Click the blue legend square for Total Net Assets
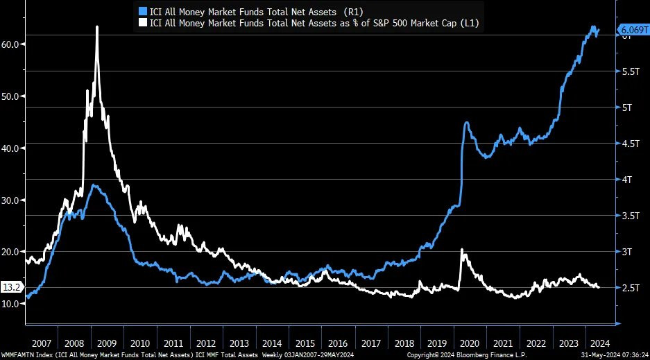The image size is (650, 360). click(x=144, y=11)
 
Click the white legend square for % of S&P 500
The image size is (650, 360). click(x=144, y=23)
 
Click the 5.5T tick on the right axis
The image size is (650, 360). click(x=629, y=71)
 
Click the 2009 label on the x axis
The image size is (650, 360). click(x=106, y=343)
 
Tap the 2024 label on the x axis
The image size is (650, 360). click(x=599, y=343)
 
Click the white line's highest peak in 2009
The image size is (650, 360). click(x=96, y=27)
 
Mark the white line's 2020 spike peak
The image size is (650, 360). click(x=462, y=250)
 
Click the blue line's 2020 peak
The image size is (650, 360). click(x=467, y=123)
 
